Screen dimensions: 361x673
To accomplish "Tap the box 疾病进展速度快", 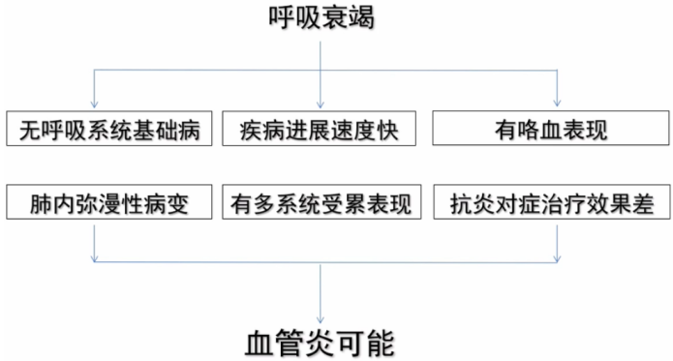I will click(x=320, y=129).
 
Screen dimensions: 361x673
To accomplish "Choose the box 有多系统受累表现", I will click(x=321, y=204).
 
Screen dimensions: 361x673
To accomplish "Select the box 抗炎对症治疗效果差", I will click(x=551, y=204).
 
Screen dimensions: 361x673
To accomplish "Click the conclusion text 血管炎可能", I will click(x=321, y=341).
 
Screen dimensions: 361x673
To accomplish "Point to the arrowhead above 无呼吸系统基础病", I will click(x=94, y=103).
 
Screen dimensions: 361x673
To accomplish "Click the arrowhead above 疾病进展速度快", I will click(x=321, y=103).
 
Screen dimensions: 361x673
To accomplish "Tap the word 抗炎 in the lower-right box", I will click(x=469, y=204).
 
